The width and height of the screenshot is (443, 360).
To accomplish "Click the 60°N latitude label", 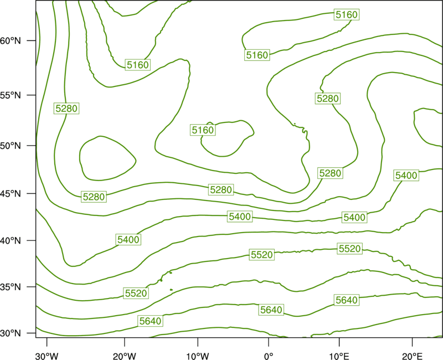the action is click(x=11, y=41).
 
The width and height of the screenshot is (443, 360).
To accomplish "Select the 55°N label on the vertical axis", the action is click(x=11, y=95).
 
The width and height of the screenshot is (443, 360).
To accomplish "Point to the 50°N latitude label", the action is click(x=11, y=146).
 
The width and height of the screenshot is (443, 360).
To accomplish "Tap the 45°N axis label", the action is click(x=11, y=193).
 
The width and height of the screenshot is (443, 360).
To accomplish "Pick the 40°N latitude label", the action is click(x=11, y=241).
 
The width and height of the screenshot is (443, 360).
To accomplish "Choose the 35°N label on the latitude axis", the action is click(x=11, y=287).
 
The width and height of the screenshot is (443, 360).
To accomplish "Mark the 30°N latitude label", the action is click(x=11, y=333).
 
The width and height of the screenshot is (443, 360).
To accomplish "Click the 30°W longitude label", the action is click(x=47, y=356).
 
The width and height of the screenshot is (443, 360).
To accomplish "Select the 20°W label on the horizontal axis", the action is click(x=124, y=356).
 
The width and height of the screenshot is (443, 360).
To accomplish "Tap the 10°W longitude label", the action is click(x=198, y=356).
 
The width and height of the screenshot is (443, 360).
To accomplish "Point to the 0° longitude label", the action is click(x=269, y=356).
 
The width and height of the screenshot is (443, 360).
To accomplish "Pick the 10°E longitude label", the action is click(x=339, y=356).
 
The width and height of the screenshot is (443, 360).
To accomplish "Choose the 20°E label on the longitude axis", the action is click(x=412, y=356).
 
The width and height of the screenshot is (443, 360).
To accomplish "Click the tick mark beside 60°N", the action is click(x=32, y=40).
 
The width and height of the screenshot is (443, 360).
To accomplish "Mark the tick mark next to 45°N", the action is click(x=32, y=193).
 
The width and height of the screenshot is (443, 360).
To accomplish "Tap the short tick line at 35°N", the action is click(x=32, y=287).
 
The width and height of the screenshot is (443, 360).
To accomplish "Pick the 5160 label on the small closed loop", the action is click(x=203, y=130).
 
